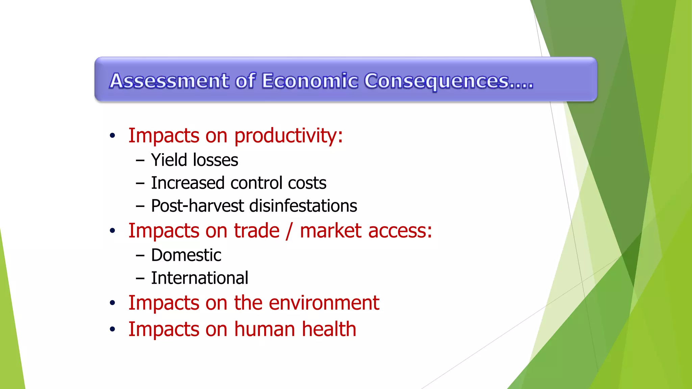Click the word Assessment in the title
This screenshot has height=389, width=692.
pos(169,81)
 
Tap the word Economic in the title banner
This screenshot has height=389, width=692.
pos(310,81)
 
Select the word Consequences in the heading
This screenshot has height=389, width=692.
pos(437,82)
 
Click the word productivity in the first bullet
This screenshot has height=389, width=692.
pos(288,136)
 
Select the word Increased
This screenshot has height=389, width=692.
pos(188,183)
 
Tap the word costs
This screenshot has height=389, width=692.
pos(307,183)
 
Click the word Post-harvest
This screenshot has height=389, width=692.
pos(197,206)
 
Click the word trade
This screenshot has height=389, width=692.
pos(257,231)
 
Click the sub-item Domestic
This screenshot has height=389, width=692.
pos(186,255)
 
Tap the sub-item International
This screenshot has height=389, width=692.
pos(199,278)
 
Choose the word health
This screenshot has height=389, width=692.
pos(329,329)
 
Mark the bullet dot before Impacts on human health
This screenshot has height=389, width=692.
pos(113,329)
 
